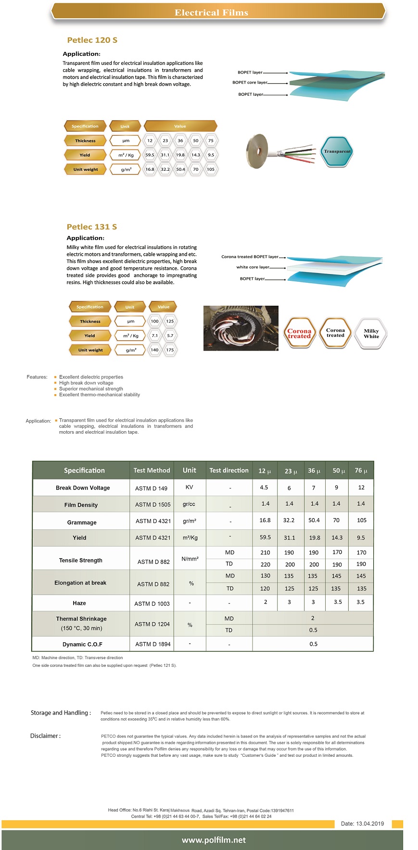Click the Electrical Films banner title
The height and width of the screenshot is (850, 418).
point(211,12)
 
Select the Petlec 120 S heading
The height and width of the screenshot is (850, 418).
point(92,40)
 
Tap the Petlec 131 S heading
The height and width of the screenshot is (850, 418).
point(92,227)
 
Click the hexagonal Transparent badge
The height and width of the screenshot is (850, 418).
point(337,151)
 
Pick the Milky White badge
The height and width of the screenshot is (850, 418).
point(371,334)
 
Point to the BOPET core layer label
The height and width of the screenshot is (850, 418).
point(250,83)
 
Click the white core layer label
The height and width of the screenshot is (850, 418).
point(253,267)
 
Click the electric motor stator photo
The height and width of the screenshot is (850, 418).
point(241,328)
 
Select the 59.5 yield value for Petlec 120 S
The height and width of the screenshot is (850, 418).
point(150,155)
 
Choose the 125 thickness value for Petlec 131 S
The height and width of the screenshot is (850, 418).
point(170,321)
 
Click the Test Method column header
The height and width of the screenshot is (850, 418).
point(152,471)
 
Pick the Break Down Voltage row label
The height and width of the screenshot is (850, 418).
point(83,488)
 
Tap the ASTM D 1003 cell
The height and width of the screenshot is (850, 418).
point(152,604)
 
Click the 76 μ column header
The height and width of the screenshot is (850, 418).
point(361,471)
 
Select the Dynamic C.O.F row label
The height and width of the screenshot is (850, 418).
point(82,644)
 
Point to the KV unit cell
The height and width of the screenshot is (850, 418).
point(190,487)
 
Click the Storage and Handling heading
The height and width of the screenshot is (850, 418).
point(61,713)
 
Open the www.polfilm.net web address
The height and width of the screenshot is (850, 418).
point(214,840)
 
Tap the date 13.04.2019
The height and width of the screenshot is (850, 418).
point(362,824)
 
